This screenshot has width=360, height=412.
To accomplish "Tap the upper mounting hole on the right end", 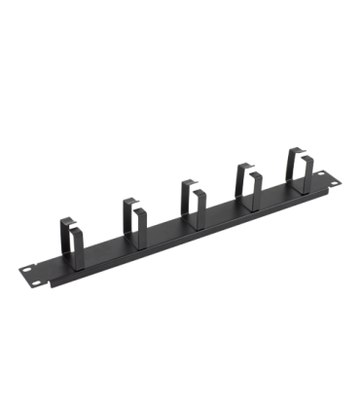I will coord(321,173).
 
